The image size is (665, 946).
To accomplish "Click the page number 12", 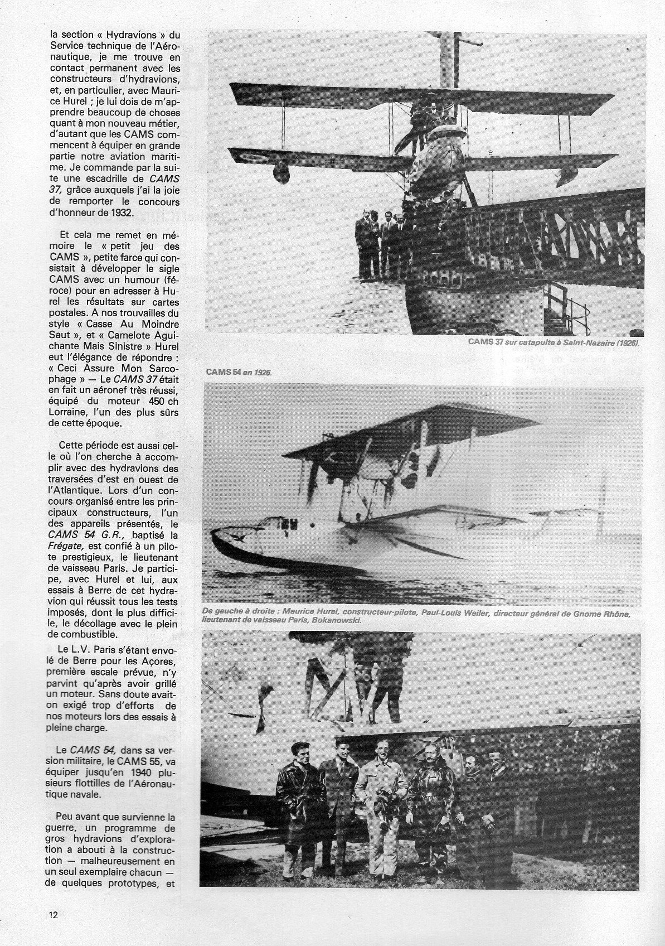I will [x=54, y=930].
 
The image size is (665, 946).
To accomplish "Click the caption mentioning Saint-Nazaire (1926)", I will [x=554, y=344].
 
